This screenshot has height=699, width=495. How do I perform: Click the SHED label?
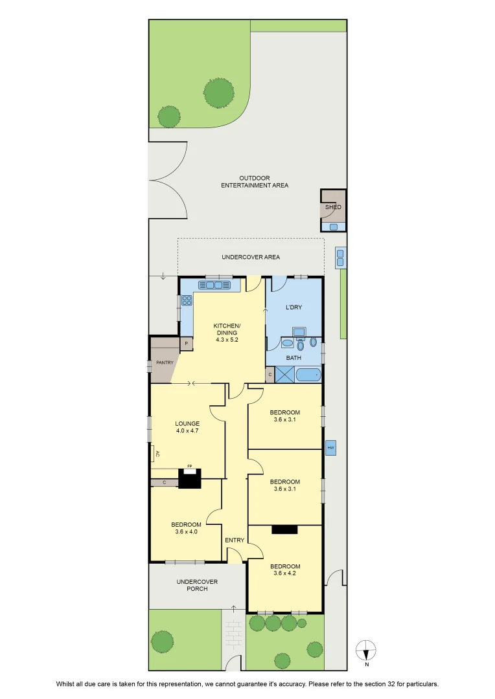click(x=333, y=207)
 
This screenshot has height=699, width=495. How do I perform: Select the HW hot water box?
click(x=330, y=448)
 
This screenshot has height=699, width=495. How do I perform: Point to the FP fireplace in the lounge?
click(x=190, y=479)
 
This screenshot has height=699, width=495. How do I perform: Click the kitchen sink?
click(x=216, y=285)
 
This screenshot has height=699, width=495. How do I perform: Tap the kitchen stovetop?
click(x=187, y=300)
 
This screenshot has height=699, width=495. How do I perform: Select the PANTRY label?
click(x=165, y=363)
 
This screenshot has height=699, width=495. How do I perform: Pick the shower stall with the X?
click(x=286, y=375)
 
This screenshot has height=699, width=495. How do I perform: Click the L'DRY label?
click(x=294, y=307)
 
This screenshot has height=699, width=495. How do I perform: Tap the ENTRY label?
click(x=235, y=540)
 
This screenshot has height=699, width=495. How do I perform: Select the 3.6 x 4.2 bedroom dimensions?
click(x=285, y=573)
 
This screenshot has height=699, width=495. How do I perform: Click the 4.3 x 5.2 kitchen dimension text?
click(x=227, y=340)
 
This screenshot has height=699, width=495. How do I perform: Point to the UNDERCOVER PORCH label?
click(x=197, y=585)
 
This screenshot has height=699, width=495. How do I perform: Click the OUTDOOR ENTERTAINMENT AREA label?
click(x=255, y=182)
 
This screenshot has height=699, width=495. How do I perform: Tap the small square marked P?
click(x=187, y=344)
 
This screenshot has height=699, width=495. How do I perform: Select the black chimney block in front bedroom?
click(x=285, y=529)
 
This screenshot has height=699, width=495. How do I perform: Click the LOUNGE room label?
click(x=187, y=424)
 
